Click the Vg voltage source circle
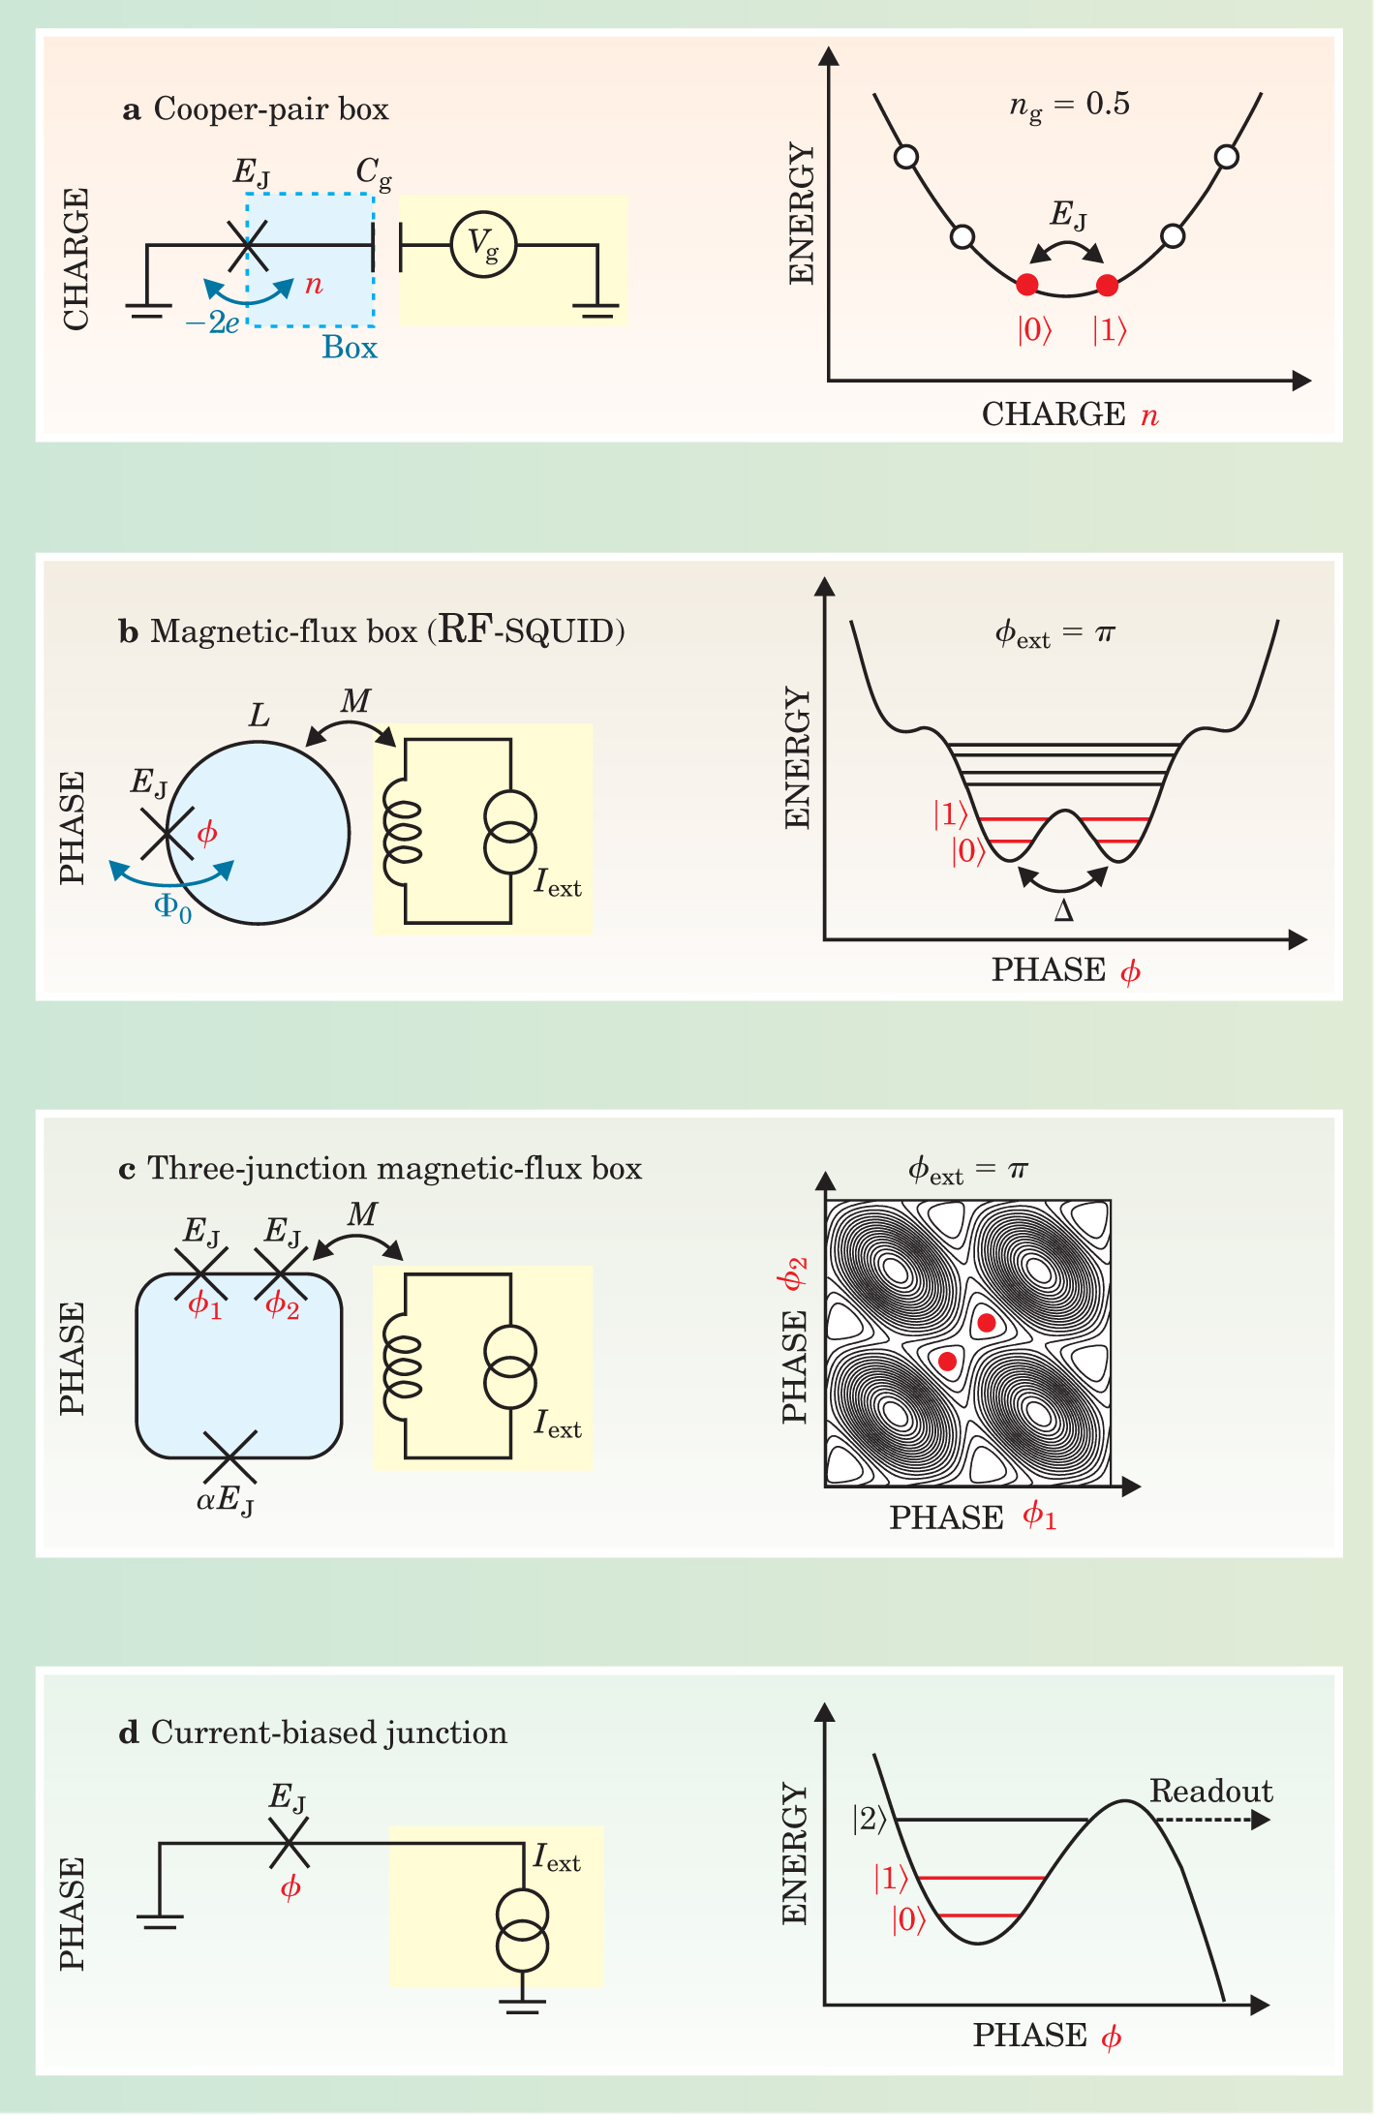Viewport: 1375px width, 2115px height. click(x=483, y=244)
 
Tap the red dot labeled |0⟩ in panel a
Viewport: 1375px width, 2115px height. click(x=1027, y=285)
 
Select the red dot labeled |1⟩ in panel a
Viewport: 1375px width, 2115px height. click(x=1108, y=285)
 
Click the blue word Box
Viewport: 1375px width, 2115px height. click(x=350, y=348)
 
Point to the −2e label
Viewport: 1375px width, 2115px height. click(x=212, y=322)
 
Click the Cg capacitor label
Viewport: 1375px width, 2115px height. click(x=374, y=173)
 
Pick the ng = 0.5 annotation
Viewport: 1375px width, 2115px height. click(x=1069, y=106)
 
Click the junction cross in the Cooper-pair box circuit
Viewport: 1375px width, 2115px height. click(x=248, y=245)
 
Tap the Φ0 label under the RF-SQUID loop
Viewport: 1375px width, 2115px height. click(x=173, y=907)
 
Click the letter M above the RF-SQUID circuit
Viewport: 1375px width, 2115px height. click(x=355, y=700)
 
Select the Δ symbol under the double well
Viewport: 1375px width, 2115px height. click(x=1063, y=911)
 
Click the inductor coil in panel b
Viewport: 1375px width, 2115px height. click(x=403, y=831)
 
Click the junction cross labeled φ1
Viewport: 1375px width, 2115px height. click(x=200, y=1272)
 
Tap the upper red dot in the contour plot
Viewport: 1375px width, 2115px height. click(x=986, y=1322)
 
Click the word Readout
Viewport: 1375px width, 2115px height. click(x=1210, y=1792)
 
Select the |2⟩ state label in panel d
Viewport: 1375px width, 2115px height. click(x=869, y=1820)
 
